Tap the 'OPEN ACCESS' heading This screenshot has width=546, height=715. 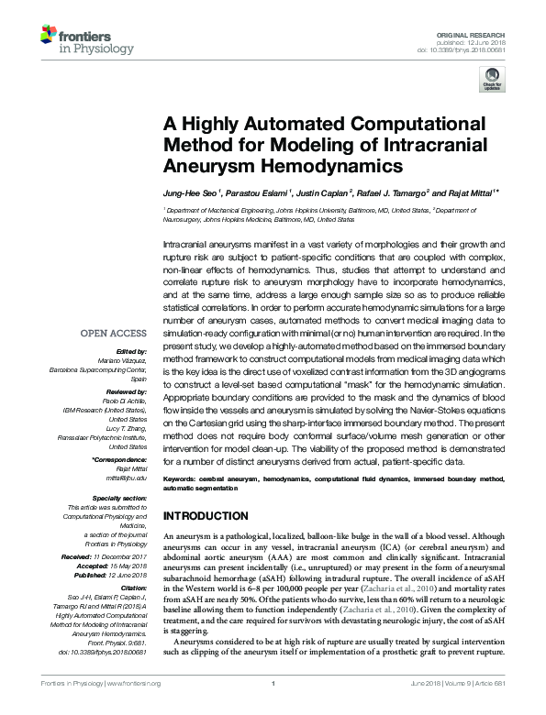115,334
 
